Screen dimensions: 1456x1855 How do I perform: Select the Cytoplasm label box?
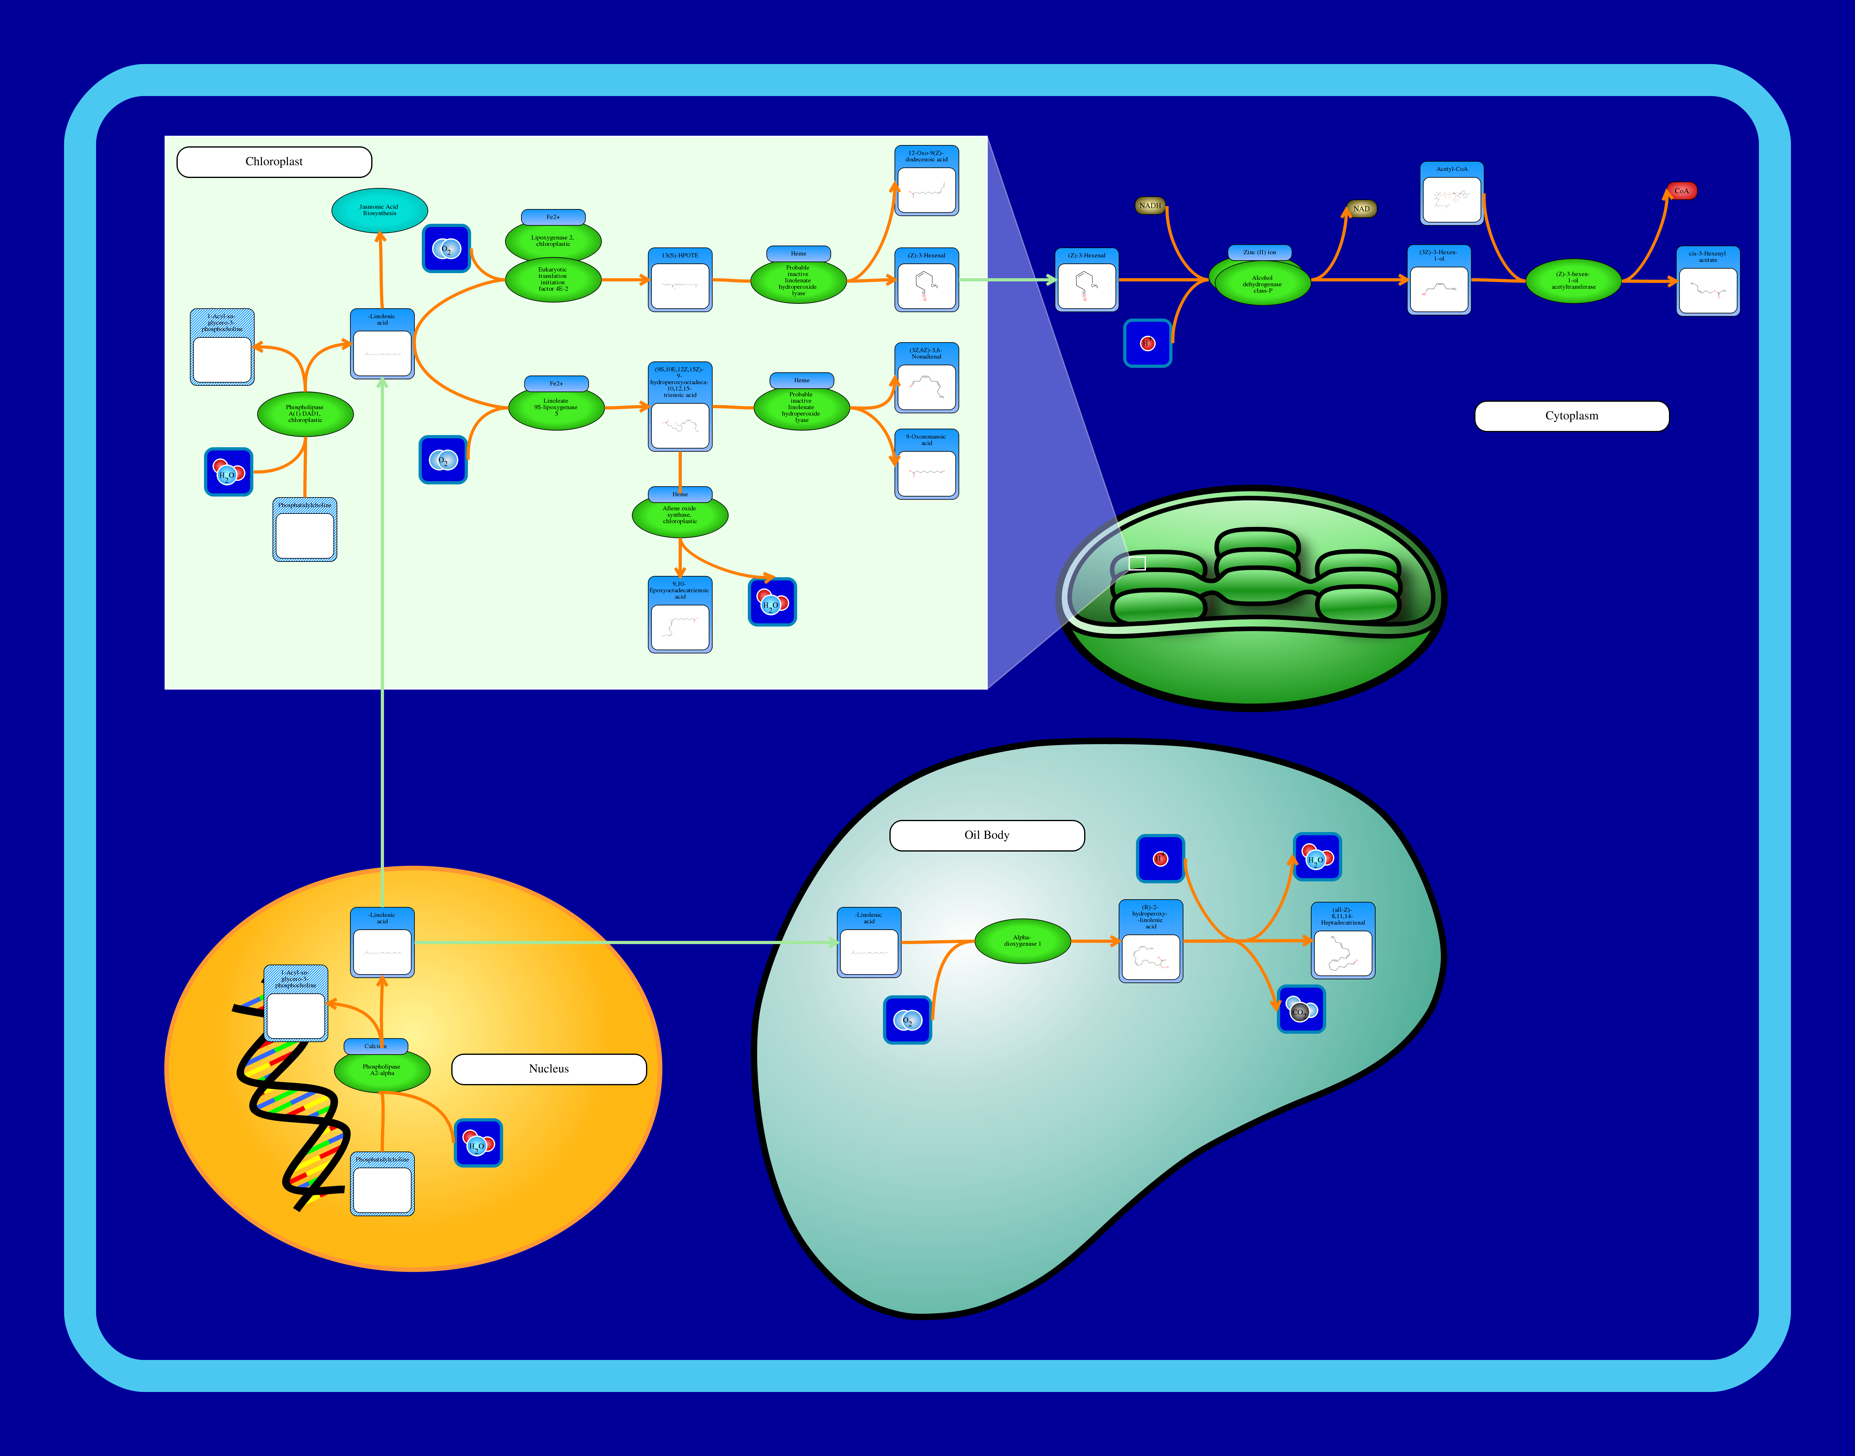coord(1571,416)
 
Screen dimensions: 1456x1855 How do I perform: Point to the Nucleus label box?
coord(548,1069)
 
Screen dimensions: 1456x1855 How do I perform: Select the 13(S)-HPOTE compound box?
coord(680,280)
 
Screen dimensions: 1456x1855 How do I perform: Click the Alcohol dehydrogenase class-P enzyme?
coord(1262,284)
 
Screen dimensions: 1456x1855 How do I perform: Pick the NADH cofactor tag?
coord(1150,206)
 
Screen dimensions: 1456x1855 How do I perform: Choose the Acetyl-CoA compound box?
coord(1451,194)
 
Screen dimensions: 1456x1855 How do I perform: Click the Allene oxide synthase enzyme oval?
coord(680,515)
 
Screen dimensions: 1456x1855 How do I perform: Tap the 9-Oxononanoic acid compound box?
coord(926,465)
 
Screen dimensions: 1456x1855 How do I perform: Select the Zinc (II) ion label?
coord(1260,252)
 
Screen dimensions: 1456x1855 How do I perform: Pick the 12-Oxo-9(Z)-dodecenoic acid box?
coord(926,181)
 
